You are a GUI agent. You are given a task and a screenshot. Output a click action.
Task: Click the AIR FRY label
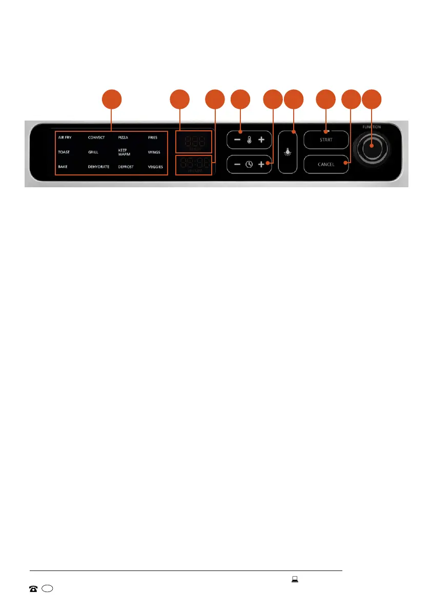point(65,137)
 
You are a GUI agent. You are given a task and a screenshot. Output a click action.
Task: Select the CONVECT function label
point(96,137)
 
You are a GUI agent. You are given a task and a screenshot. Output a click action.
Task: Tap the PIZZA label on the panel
point(124,137)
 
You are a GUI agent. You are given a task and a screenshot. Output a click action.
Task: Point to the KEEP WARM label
point(125,152)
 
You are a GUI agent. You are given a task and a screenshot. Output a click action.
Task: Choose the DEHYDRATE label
point(98,167)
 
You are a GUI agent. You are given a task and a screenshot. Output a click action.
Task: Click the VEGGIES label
point(155,167)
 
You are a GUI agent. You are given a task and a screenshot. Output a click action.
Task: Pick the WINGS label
point(154,152)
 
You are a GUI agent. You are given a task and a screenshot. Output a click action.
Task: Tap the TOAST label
point(64,152)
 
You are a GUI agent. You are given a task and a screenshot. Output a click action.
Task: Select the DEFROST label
point(126,167)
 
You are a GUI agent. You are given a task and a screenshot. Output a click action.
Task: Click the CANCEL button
point(326,165)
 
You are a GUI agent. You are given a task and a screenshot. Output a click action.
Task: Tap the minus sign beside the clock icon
point(237,165)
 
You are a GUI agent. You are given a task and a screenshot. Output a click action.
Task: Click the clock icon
point(249,165)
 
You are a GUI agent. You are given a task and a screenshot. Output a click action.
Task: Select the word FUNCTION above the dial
point(372,127)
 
